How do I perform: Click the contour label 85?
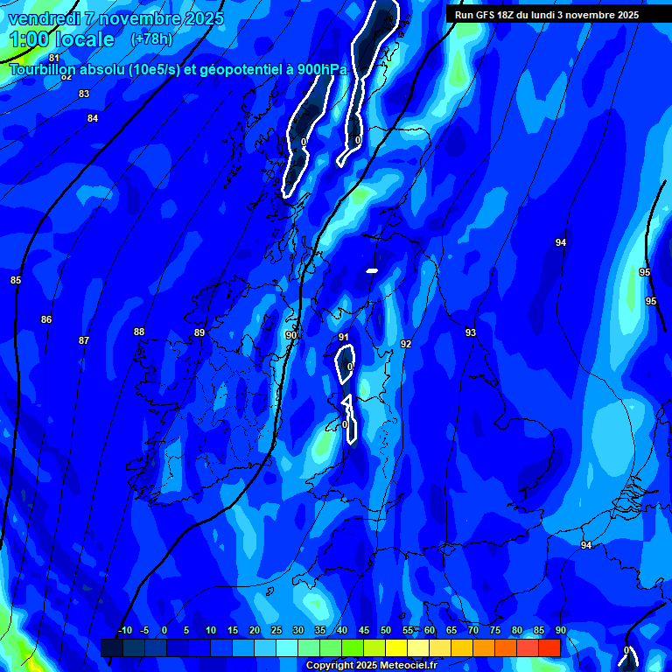16,280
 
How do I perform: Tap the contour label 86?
46,319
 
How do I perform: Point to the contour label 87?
84,340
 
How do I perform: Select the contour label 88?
139,332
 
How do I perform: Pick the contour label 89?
199,333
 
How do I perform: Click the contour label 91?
344,337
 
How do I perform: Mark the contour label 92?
406,344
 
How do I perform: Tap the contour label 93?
471,332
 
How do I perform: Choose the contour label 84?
93,118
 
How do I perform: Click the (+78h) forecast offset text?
151,39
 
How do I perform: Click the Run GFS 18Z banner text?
547,15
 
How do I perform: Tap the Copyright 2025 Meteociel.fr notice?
372,666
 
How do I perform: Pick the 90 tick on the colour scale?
560,630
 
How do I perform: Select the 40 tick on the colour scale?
341,630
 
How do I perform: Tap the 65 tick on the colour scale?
451,630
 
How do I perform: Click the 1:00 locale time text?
61,39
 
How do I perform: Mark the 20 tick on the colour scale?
254,630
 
